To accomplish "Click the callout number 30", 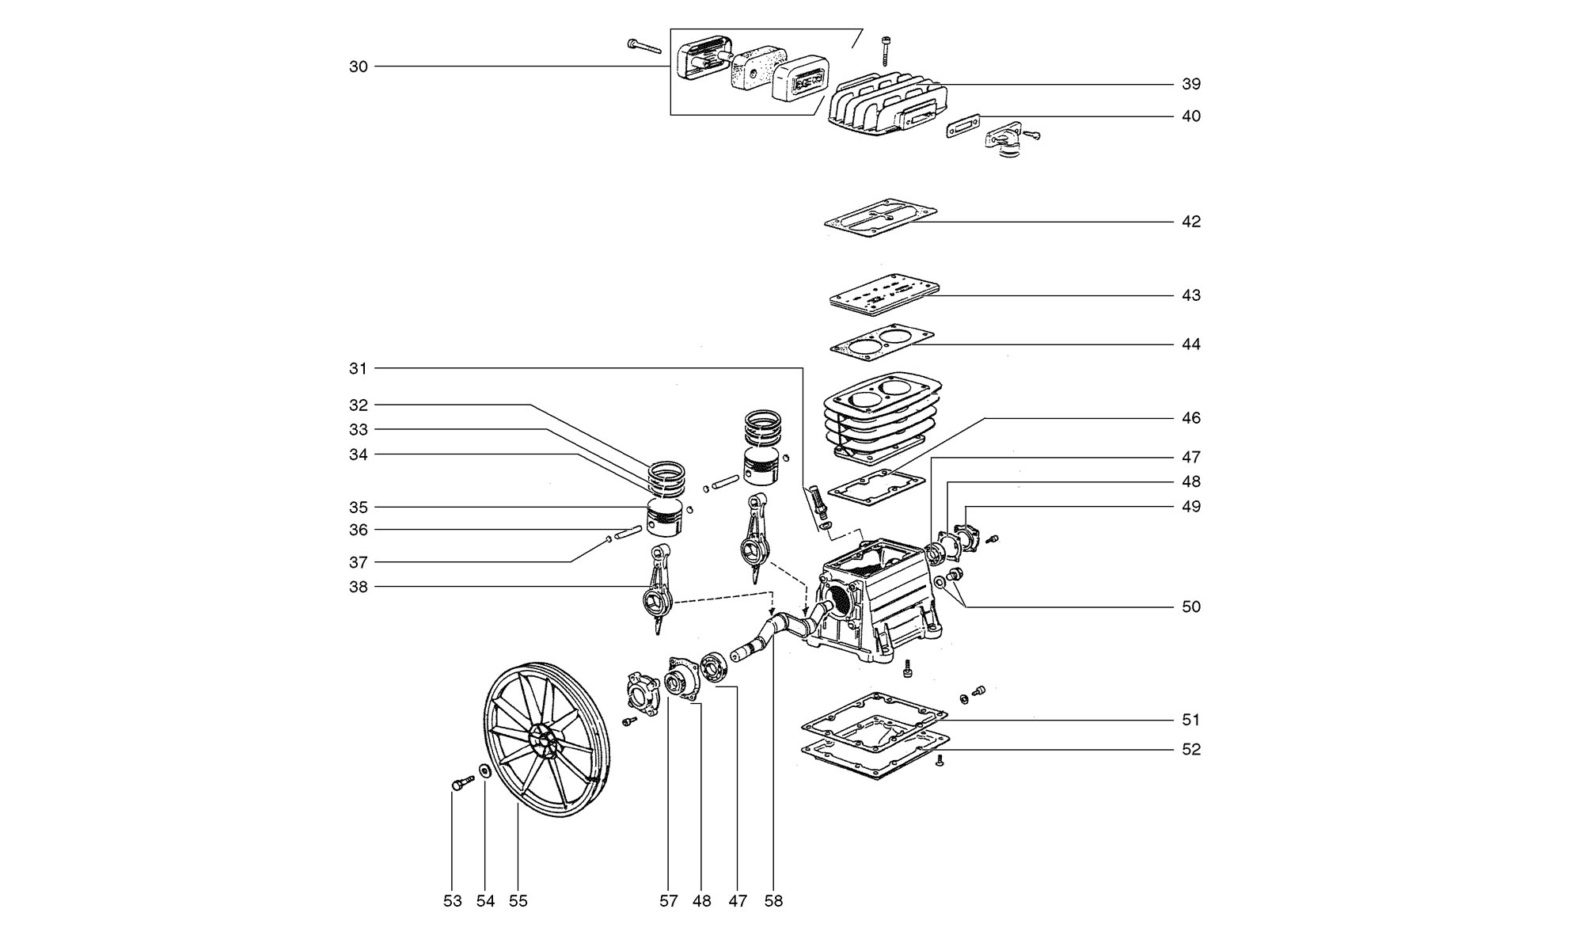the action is [x=359, y=67].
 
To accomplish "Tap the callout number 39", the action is [x=1191, y=84].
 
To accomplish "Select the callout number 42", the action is [x=1191, y=222].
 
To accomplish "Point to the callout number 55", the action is [x=518, y=901].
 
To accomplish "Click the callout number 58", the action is [x=773, y=901].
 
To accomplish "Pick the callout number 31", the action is [x=359, y=368].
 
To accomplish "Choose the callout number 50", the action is [x=1191, y=607].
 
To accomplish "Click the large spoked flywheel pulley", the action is [x=546, y=739].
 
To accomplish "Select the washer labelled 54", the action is [x=484, y=770].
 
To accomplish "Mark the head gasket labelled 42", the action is [x=880, y=218].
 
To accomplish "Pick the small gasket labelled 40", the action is [x=963, y=125].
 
